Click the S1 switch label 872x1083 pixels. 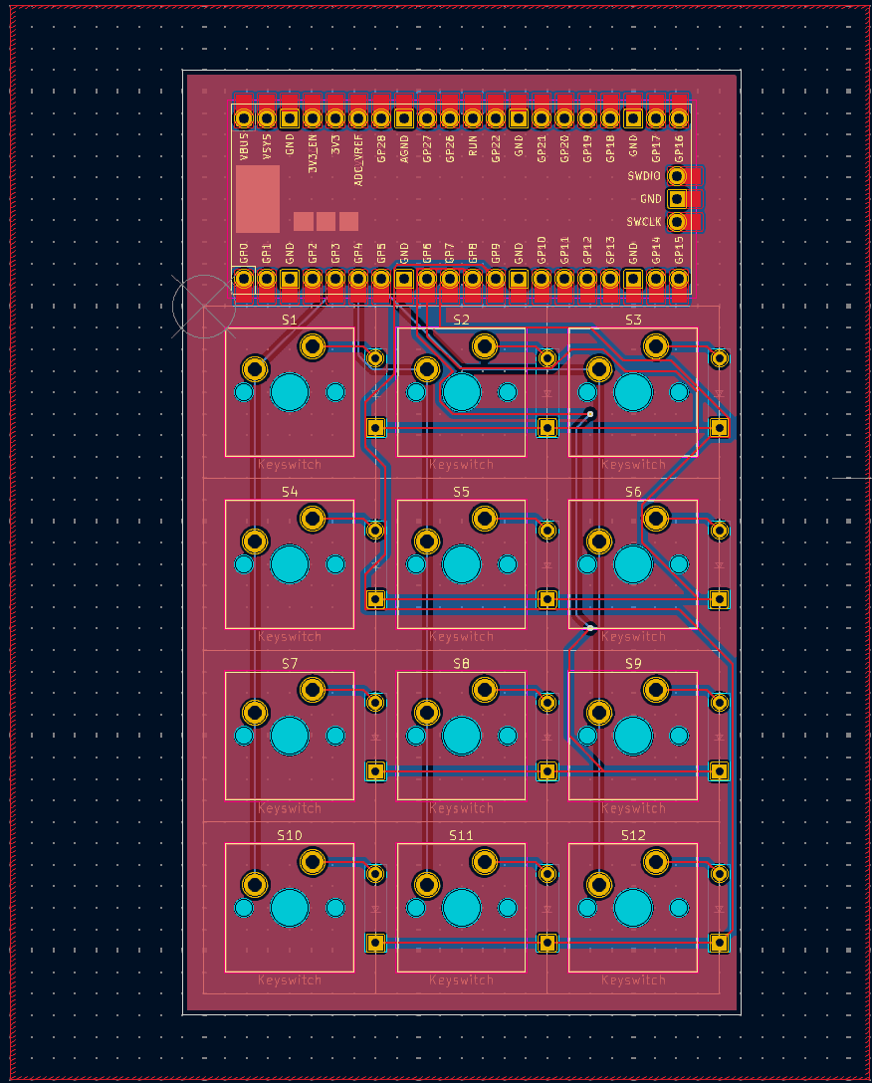coord(289,320)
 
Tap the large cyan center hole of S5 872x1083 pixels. coord(461,564)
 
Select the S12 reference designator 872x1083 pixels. coord(633,835)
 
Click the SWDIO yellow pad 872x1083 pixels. coord(678,176)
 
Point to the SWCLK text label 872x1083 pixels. coord(644,222)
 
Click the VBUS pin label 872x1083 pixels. coord(244,148)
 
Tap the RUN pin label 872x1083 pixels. coord(473,147)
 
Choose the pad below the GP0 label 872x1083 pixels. coord(244,280)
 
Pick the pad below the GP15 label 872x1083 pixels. coord(679,280)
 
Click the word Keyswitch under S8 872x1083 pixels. coord(461,808)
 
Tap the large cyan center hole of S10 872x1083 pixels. coord(290,908)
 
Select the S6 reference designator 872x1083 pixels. coord(633,492)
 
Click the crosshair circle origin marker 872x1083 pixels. coord(204,306)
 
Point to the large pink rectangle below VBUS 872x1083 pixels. coord(258,199)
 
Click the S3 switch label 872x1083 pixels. coord(633,320)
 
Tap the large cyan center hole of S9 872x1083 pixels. coord(633,737)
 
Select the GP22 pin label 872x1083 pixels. coord(496,148)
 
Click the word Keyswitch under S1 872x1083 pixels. coord(290,465)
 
